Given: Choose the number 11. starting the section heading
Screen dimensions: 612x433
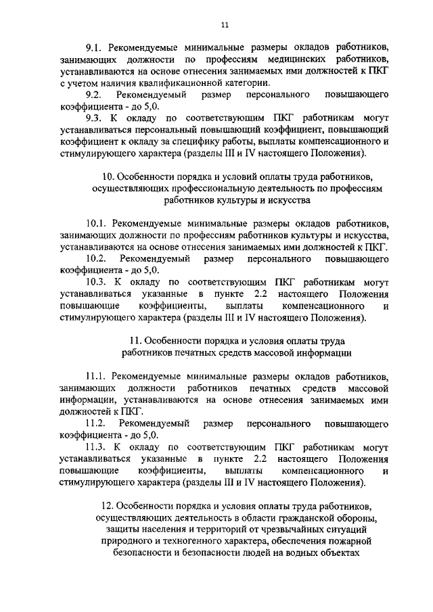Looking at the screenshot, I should [x=135, y=340].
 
